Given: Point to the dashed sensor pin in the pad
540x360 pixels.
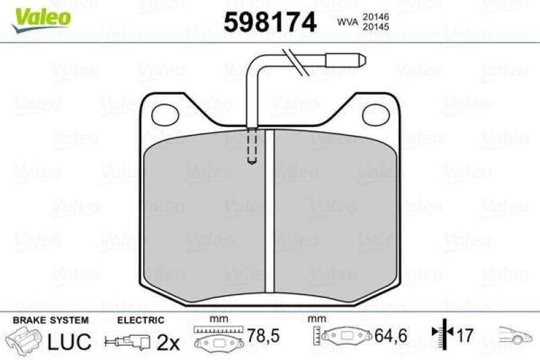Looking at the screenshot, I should [251, 146].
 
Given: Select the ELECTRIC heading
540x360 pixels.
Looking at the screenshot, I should [140, 319].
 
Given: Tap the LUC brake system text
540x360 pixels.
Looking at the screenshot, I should [68, 341].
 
